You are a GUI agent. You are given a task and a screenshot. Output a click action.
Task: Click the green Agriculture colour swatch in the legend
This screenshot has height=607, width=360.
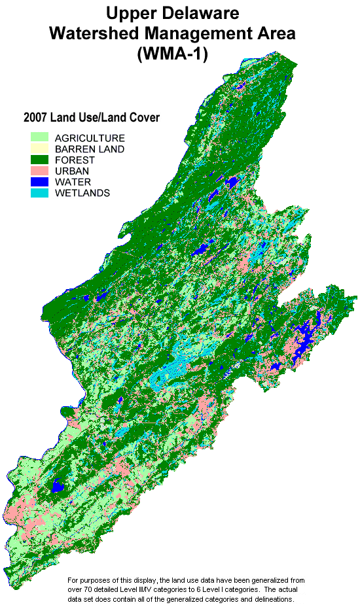(x=40, y=138)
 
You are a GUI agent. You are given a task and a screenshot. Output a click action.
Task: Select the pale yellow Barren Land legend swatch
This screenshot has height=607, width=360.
(x=40, y=149)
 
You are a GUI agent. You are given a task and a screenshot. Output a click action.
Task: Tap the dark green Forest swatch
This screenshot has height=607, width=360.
(x=40, y=160)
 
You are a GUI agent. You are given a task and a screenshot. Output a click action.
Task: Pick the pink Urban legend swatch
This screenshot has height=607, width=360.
(x=40, y=171)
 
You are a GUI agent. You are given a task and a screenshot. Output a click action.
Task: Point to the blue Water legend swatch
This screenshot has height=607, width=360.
(x=40, y=182)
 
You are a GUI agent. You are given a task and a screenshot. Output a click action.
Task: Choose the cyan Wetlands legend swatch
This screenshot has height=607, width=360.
(x=40, y=193)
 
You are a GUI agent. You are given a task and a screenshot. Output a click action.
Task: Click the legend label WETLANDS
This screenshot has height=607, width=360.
(x=82, y=193)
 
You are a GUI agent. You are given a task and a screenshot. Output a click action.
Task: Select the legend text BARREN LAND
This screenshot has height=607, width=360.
(x=90, y=149)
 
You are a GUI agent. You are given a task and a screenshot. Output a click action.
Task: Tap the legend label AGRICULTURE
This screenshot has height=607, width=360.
(x=90, y=138)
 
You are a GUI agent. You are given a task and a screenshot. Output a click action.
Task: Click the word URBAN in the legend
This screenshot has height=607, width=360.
(x=73, y=171)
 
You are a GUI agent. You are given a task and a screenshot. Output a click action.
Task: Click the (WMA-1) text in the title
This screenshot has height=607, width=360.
(x=172, y=54)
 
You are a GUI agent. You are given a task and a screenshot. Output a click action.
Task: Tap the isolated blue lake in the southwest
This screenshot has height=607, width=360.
(x=58, y=486)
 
